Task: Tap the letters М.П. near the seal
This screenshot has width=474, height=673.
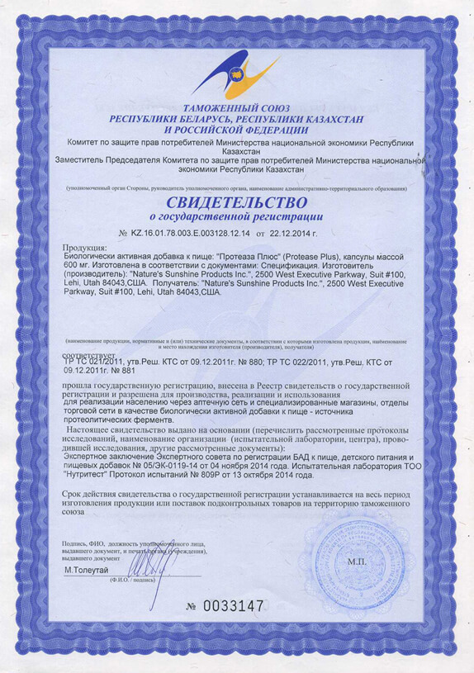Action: (356, 561)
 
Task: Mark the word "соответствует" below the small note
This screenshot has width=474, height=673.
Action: (88, 353)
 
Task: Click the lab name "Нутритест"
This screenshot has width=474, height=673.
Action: (89, 476)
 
